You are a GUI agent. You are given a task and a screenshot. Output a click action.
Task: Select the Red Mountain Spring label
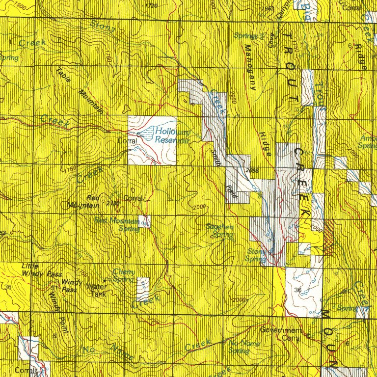click(116, 224)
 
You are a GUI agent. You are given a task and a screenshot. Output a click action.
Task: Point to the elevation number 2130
click(113, 203)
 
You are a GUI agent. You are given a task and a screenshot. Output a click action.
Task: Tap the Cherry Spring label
click(123, 275)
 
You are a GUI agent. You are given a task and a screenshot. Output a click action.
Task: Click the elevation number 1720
click(152, 5)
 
